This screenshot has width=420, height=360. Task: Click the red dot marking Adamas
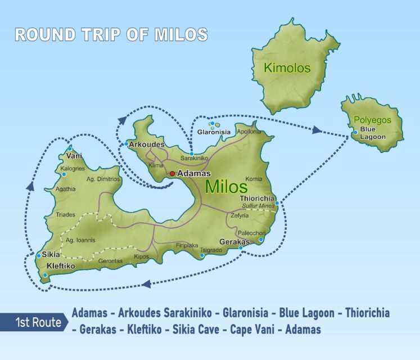coord(173,174)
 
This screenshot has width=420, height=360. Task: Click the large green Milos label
coord(227,187)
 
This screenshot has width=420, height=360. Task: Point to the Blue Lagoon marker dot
coord(355,133)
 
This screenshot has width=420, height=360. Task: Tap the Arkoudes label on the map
coord(146,145)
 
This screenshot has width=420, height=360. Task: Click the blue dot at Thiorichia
coord(277,202)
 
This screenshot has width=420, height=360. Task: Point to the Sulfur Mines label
coord(258,206)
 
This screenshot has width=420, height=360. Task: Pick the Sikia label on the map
coord(51,254)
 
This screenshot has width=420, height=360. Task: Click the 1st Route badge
coord(38,323)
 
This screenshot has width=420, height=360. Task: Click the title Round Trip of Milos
coord(111,34)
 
